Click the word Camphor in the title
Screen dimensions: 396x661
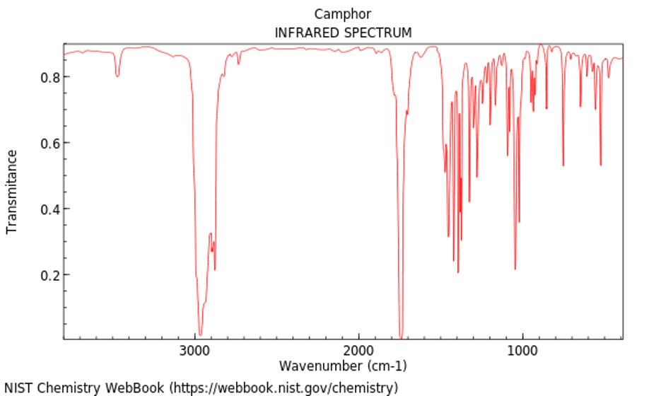(x=343, y=14)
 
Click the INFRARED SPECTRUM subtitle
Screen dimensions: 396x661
(x=343, y=33)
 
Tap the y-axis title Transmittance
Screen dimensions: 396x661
(x=12, y=191)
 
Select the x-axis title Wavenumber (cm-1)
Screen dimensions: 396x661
(x=343, y=366)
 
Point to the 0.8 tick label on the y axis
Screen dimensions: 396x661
(x=49, y=77)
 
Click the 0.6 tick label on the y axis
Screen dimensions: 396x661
(x=49, y=143)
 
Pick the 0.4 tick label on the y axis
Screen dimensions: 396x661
(x=49, y=209)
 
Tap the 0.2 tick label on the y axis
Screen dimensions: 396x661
(x=49, y=275)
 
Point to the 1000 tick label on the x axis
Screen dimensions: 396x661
(x=522, y=351)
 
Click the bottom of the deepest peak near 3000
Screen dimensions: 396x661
(x=200, y=334)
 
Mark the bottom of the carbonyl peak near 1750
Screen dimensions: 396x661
(x=401, y=337)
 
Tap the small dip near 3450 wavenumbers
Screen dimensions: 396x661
(x=117, y=76)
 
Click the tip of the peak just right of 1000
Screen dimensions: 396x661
(x=515, y=269)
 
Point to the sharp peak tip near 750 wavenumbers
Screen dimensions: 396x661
(x=563, y=165)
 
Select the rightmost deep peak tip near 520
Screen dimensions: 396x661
(x=601, y=165)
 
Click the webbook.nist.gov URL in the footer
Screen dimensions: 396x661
(x=283, y=388)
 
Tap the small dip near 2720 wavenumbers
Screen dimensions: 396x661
(x=239, y=64)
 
